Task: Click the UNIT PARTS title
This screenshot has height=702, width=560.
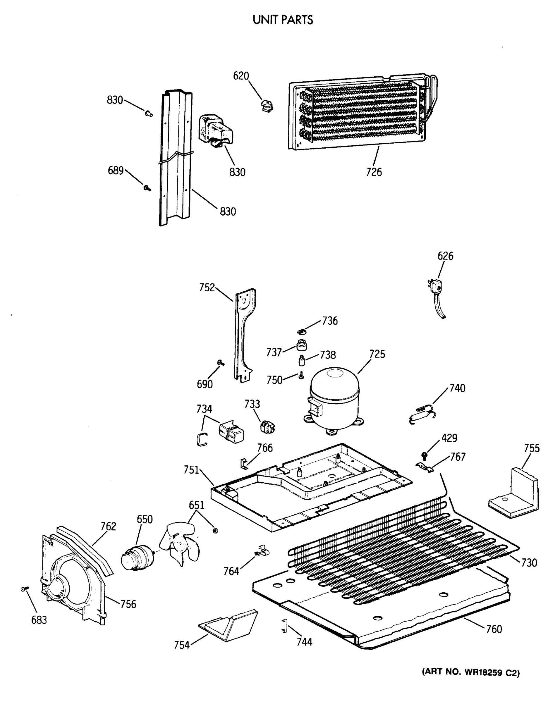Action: point(283,20)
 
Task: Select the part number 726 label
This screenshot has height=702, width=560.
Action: point(374,172)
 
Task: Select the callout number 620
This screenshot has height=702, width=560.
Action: point(241,76)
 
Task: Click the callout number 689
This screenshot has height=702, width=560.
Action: point(116,170)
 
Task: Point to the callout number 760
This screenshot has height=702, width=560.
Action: point(494,629)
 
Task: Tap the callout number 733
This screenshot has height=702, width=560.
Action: point(252,404)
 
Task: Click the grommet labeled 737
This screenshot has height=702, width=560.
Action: point(302,345)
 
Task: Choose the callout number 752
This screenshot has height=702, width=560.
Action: point(207,288)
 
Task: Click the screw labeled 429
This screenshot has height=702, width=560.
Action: point(425,455)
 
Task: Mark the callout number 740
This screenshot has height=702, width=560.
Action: point(457,388)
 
